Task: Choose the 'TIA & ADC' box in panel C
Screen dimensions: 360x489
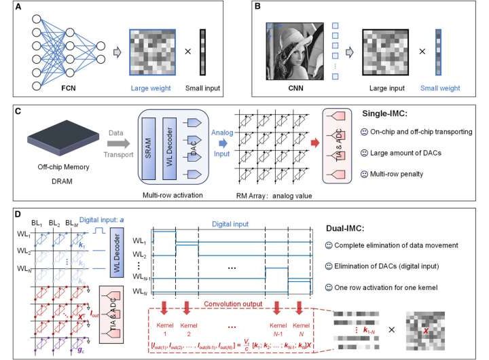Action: (x=337, y=154)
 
